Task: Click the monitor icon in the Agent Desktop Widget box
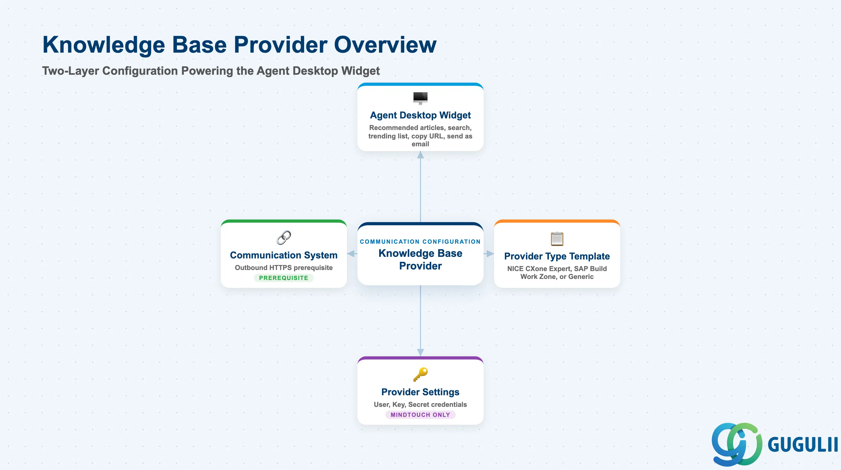(420, 98)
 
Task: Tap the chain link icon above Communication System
(284, 238)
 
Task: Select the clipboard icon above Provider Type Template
(557, 239)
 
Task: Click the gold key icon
(420, 374)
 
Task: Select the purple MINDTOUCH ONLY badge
(420, 415)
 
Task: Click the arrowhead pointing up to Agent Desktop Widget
(420, 155)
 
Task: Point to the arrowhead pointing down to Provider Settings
(420, 352)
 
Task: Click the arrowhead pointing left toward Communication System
(351, 254)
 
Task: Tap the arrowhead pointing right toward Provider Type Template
(490, 254)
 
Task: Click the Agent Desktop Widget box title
(420, 115)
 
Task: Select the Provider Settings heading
(420, 392)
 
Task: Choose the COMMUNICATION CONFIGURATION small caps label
(420, 242)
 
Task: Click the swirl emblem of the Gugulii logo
(737, 444)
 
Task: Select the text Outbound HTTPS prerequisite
(284, 268)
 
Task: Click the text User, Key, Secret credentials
(420, 405)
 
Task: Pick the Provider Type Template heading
(557, 256)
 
